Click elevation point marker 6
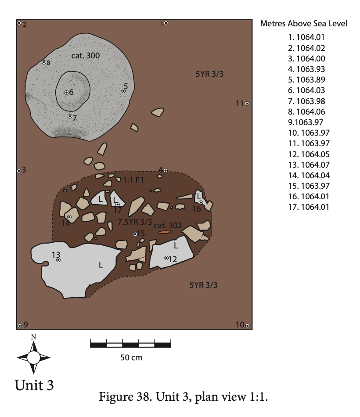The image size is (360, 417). point(67,93)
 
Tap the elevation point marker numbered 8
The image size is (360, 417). point(44,62)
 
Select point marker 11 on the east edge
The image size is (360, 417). point(247,104)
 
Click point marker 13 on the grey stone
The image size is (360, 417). point(58,260)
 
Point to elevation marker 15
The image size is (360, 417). point(135,234)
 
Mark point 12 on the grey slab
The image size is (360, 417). point(166,258)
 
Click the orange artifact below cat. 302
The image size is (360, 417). point(165,232)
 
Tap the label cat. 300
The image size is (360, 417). point(86,56)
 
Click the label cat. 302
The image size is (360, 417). point(168,226)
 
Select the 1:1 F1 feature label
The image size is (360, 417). point(133,180)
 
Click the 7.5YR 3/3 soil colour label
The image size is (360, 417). point(135,222)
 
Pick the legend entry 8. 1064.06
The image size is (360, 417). point(306,111)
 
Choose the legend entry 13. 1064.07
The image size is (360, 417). point(309,165)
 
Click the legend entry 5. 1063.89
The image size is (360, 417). point(306,79)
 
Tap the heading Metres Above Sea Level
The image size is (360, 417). point(304,23)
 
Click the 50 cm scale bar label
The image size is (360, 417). point(131,357)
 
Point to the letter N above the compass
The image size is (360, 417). point(33,337)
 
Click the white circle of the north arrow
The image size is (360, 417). point(33,357)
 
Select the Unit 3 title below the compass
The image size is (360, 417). point(34,385)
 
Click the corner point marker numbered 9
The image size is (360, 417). point(19,326)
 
